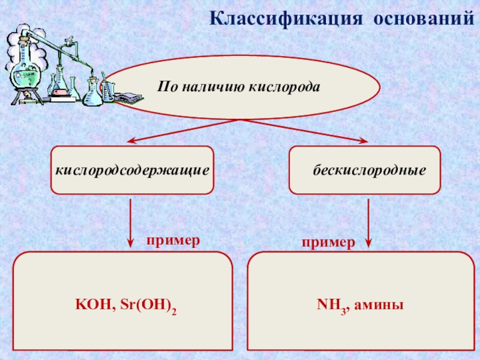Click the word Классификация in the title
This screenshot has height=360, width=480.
[286, 19]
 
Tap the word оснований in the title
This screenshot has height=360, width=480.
[424, 19]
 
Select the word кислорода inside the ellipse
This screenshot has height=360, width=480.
[284, 86]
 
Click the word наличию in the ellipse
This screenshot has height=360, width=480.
[214, 86]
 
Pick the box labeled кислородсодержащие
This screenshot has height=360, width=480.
[132, 170]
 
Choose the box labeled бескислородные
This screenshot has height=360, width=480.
[365, 170]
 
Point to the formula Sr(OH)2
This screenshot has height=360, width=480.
[148, 305]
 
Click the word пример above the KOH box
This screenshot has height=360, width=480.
[173, 241]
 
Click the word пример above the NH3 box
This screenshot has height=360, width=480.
[328, 242]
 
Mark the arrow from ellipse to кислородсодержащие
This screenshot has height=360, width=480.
[183, 131]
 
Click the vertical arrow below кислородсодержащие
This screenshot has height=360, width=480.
[130, 223]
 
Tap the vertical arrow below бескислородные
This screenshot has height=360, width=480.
[368, 223]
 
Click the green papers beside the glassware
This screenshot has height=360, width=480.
[128, 98]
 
